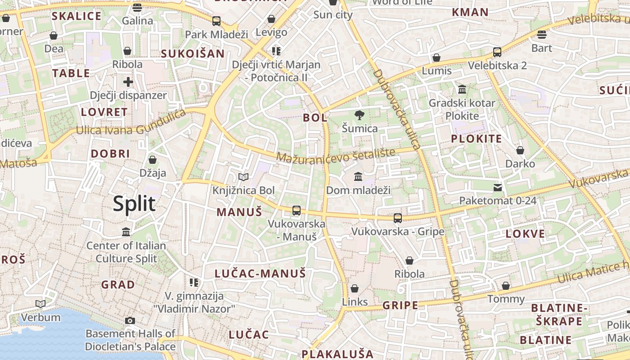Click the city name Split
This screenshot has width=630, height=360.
[134, 203]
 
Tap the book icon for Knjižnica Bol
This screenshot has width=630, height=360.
[243, 177]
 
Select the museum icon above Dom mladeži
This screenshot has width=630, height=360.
[358, 176]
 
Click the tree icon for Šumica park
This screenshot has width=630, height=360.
[359, 115]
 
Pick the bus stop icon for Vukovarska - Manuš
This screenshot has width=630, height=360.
[296, 210]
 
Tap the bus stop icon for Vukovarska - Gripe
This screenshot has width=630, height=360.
[398, 218]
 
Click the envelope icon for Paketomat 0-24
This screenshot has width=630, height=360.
[498, 187]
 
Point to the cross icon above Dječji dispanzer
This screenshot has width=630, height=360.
[128, 82]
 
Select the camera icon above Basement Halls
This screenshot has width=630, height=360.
[130, 320]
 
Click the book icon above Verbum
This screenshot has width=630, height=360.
[40, 304]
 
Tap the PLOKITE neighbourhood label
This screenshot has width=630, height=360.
[476, 139]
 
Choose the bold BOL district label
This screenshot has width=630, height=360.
[315, 118]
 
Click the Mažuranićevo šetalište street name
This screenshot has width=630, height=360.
[336, 155]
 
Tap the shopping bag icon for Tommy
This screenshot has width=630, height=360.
[506, 286]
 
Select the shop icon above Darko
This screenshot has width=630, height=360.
[520, 150]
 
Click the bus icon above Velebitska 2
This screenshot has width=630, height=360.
[497, 52]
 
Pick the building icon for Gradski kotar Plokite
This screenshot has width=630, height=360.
[462, 90]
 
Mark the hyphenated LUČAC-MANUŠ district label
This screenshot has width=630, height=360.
[260, 273]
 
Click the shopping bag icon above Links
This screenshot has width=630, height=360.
[355, 288]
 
